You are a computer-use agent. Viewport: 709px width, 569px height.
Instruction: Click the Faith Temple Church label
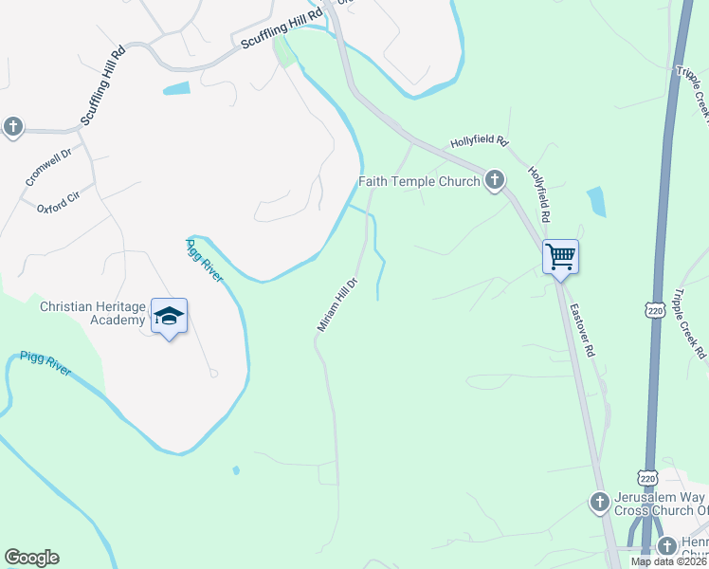click(x=419, y=181)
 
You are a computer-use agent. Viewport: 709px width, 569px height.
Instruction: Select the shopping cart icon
click(x=560, y=256)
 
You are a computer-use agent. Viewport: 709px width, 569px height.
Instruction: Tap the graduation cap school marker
click(x=169, y=317)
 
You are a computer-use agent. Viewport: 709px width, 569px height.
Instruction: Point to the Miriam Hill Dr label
click(x=336, y=303)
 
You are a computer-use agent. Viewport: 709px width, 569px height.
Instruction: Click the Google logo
click(x=31, y=558)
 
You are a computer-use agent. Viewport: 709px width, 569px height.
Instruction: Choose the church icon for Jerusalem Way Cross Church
click(x=599, y=502)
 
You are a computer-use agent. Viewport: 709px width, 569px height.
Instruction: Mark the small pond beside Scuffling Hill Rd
click(x=176, y=89)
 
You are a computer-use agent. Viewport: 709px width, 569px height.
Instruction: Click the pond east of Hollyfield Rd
click(x=596, y=201)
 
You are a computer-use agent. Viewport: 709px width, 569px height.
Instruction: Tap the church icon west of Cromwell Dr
click(x=12, y=126)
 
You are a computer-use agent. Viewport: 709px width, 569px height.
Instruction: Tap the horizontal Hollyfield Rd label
click(x=480, y=141)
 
